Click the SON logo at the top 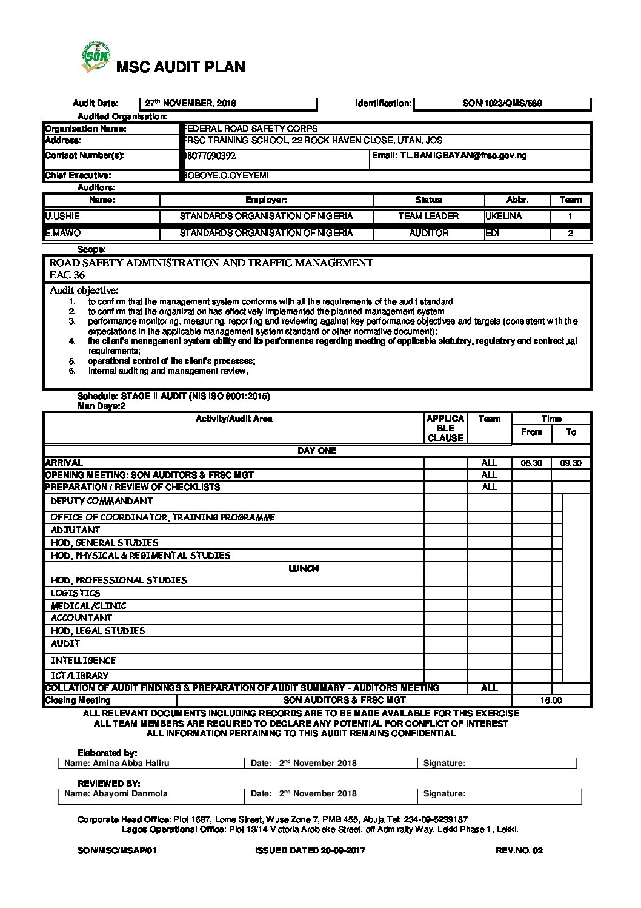point(96,57)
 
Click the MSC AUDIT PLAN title point(181,67)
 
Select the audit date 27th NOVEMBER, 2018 point(191,104)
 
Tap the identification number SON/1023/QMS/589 point(502,104)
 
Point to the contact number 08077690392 point(210,156)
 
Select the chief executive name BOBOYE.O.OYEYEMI point(225,176)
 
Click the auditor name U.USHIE point(62,216)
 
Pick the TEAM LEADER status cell point(428,216)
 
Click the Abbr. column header point(517,200)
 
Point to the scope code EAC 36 point(67,275)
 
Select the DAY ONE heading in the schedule point(317,451)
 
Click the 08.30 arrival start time point(531,463)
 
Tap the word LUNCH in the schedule point(304,569)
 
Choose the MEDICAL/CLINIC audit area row point(88,606)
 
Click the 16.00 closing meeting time point(551,701)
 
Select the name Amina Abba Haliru point(131,764)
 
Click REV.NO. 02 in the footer point(519,850)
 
